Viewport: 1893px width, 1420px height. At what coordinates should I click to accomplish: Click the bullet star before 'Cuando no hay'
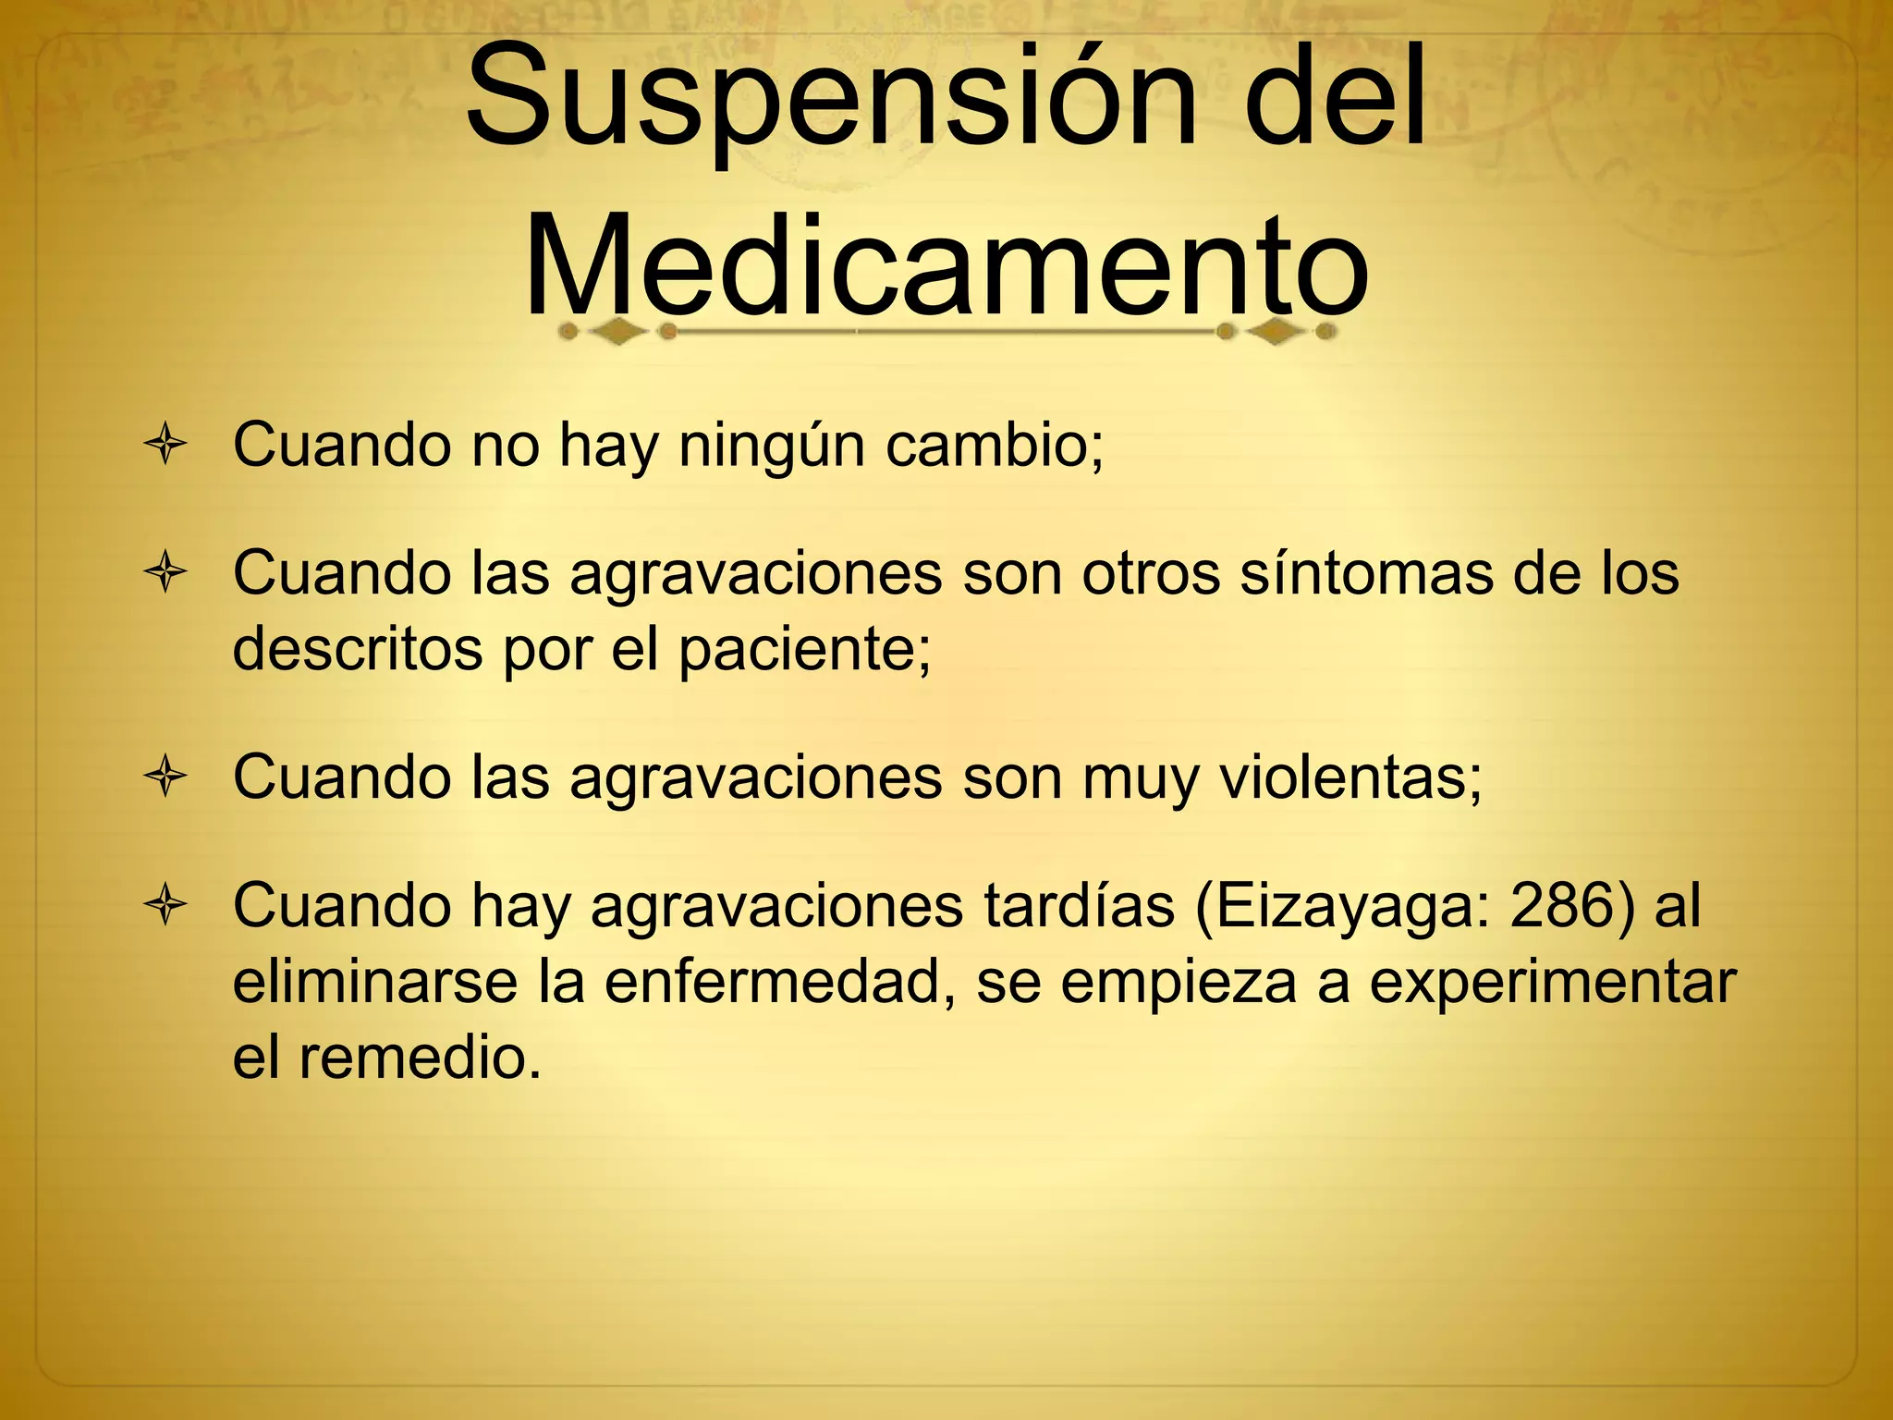pos(166,446)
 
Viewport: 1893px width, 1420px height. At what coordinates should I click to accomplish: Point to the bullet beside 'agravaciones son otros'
pos(166,573)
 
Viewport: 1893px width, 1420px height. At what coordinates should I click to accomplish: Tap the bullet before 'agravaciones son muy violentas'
pos(166,777)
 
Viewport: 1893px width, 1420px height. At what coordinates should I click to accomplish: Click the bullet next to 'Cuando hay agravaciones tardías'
pos(166,905)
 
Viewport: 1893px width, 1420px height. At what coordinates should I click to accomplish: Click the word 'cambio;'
pos(995,446)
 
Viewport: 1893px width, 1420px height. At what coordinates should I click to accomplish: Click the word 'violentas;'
pos(1351,777)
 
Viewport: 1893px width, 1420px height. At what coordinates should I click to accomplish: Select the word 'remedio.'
pos(420,1058)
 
